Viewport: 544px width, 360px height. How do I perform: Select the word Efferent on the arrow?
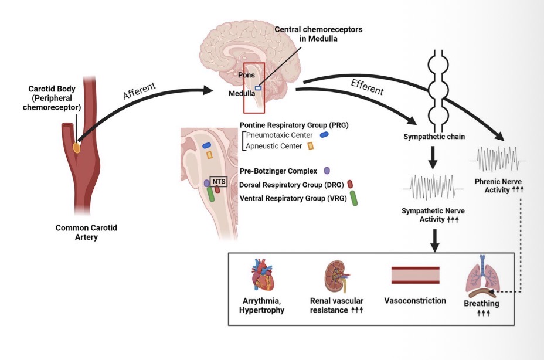[x=367, y=86]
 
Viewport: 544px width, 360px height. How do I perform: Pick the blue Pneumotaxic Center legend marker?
[x=324, y=134]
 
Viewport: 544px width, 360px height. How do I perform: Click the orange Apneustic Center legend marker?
[x=311, y=146]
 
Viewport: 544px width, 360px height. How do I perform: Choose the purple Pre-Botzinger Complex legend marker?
[x=327, y=171]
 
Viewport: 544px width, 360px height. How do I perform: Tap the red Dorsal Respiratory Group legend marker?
[x=350, y=184]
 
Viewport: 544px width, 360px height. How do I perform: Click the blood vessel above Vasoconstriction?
[x=415, y=275]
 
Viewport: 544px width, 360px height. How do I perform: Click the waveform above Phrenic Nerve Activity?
[x=499, y=158]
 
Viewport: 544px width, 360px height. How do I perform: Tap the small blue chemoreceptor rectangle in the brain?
[x=259, y=87]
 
